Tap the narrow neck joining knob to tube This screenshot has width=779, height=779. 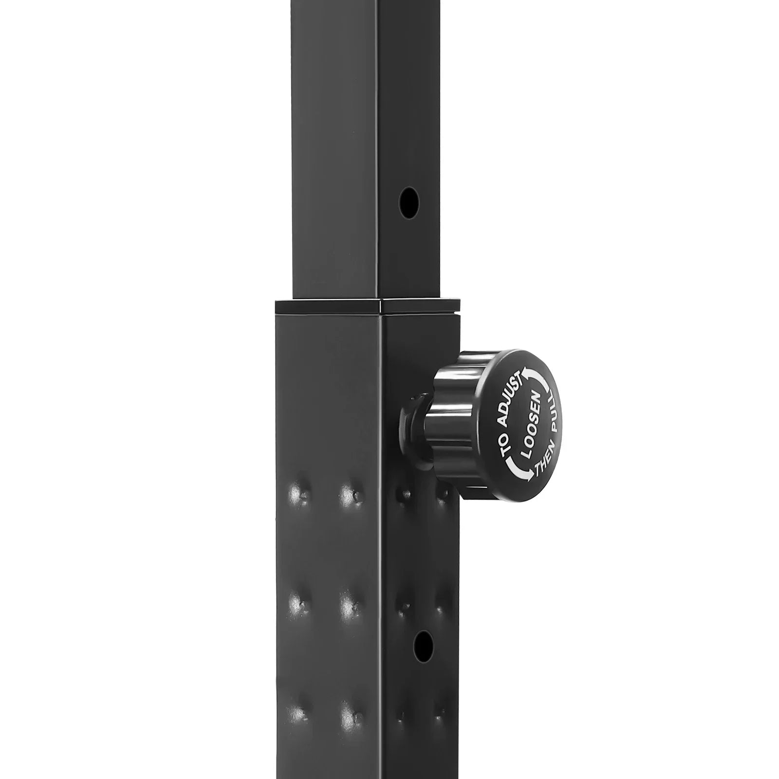coord(413,424)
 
